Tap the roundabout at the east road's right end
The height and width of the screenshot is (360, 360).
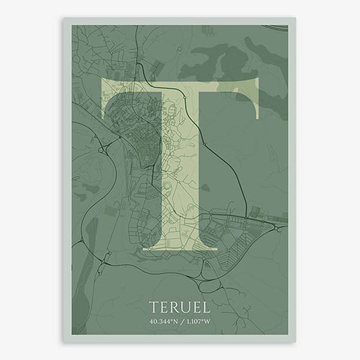coord(279,229)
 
